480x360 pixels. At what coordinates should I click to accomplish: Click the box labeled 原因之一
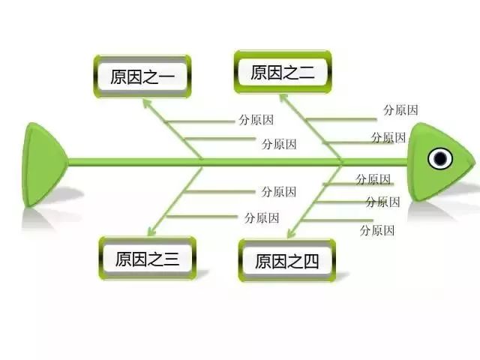[142, 76]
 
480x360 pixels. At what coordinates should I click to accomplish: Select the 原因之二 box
[283, 72]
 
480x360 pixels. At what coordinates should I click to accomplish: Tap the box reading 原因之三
[147, 258]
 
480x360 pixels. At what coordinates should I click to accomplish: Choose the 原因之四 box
[287, 260]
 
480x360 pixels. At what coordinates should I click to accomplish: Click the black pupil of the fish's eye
[440, 158]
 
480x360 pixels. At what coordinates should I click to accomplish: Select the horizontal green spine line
[238, 162]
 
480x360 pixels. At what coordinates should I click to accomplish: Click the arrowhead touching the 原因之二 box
[284, 99]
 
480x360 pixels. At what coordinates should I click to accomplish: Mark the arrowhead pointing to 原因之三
[151, 232]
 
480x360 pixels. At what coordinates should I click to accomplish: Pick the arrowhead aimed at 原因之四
[291, 233]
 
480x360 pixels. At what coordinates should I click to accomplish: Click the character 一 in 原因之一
[166, 76]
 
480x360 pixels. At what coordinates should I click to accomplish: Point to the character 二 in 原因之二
[307, 73]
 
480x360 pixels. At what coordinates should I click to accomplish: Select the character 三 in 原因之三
[171, 259]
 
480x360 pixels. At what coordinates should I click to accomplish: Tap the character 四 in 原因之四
[311, 262]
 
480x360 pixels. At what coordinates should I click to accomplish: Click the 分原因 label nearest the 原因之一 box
[256, 120]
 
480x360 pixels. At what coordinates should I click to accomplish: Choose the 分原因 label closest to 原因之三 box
[262, 218]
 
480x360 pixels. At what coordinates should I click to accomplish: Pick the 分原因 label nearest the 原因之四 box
[377, 230]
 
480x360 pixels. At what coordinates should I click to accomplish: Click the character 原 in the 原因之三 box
[123, 259]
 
